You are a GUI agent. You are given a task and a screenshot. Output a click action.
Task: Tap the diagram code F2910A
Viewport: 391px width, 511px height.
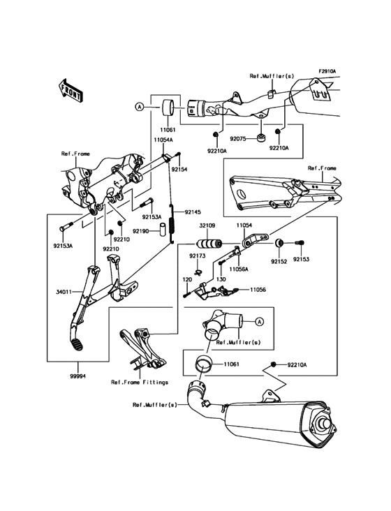click(327, 71)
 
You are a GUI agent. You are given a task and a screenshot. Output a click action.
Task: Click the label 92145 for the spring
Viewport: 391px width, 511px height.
click(192, 212)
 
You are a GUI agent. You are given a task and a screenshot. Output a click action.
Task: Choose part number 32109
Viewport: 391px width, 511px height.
click(207, 226)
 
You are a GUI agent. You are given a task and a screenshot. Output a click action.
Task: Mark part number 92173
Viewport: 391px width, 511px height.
click(196, 256)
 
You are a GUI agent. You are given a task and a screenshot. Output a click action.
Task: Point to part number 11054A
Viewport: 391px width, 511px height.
click(163, 140)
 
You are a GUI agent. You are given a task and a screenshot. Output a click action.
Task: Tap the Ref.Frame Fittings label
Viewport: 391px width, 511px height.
click(140, 383)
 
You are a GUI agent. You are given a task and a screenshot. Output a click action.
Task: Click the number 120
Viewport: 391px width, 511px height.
click(186, 279)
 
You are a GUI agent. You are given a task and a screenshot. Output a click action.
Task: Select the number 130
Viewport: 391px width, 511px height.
click(221, 279)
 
